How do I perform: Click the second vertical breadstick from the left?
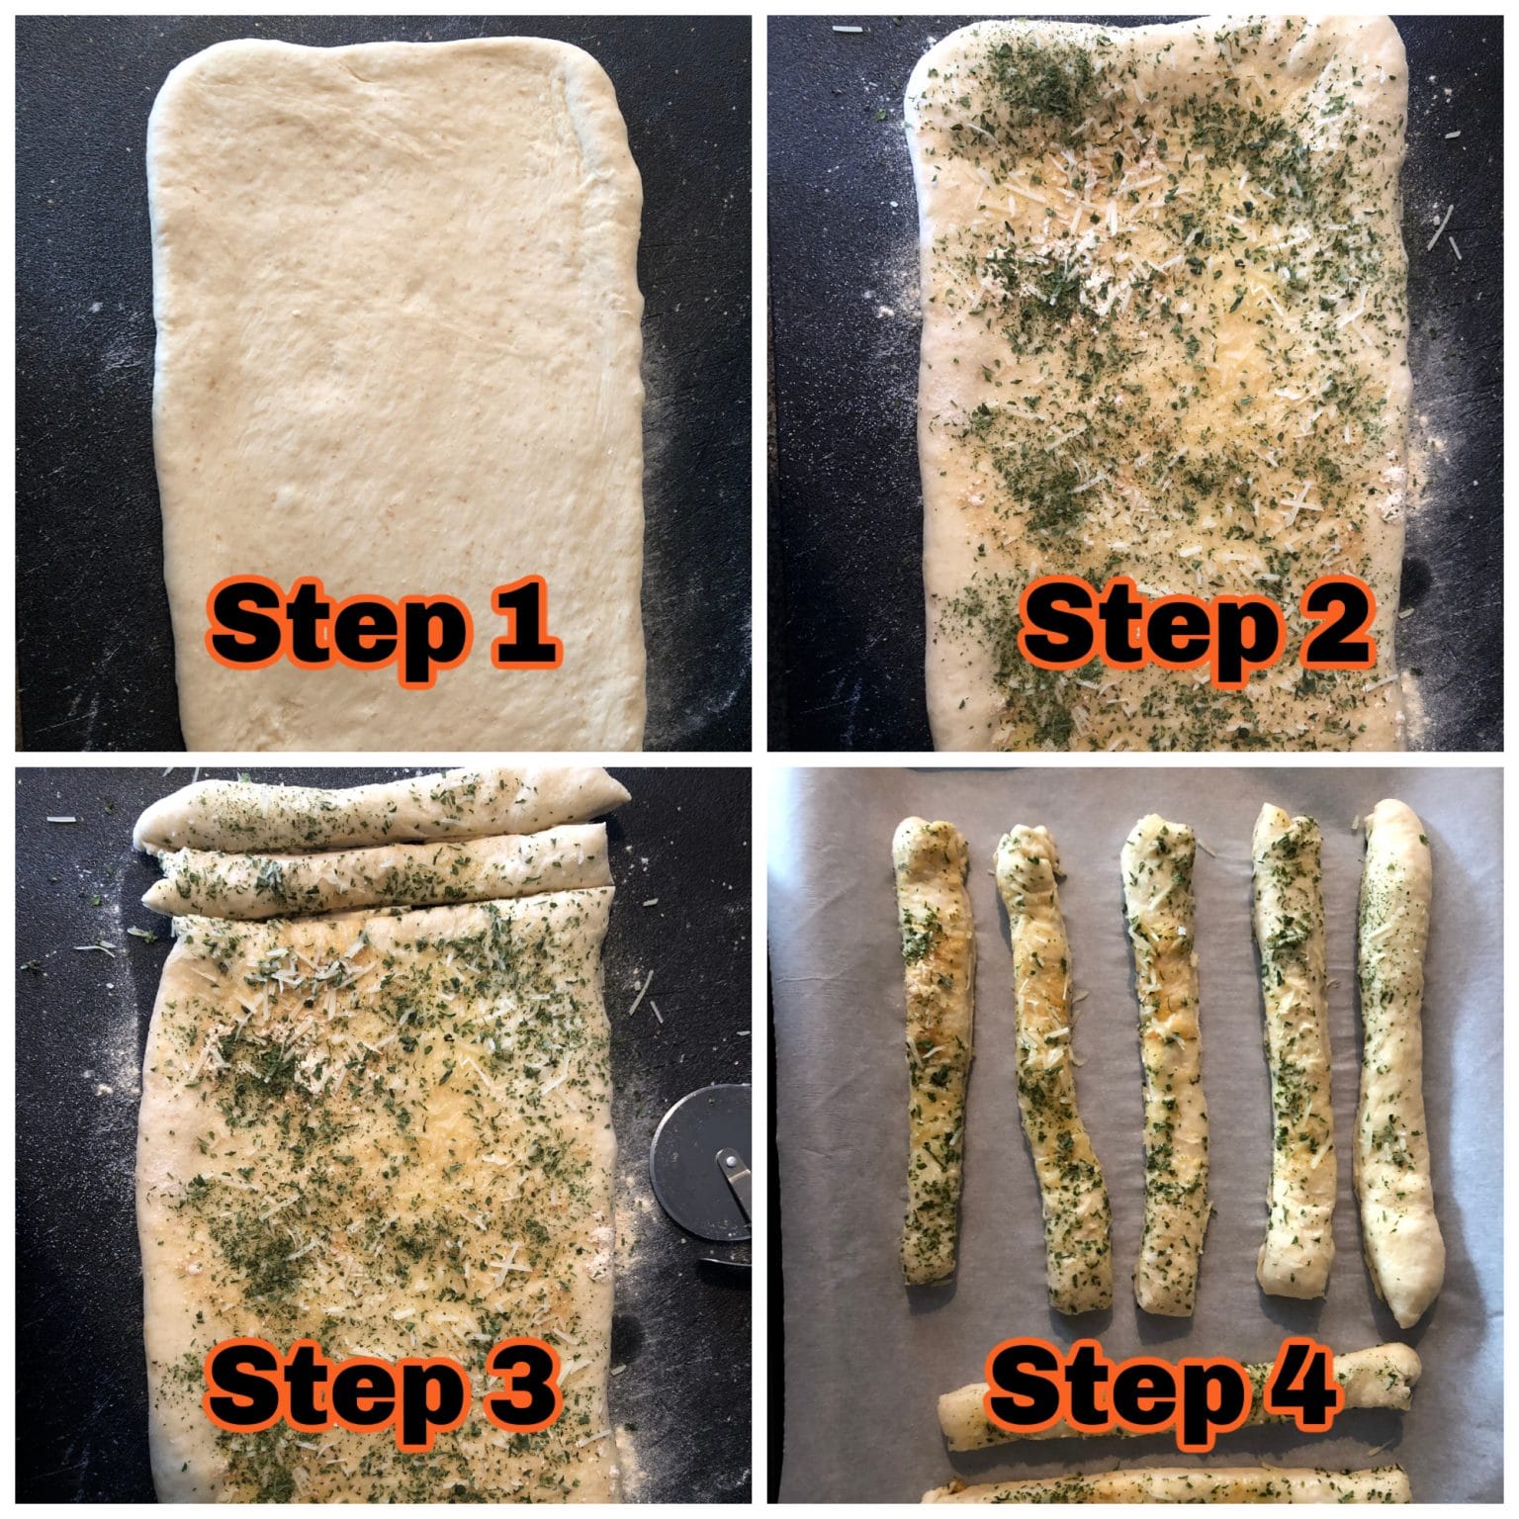1053,1068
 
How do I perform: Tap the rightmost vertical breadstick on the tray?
1396,1058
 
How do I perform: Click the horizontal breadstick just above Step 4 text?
1177,1409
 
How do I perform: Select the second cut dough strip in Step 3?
376,870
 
